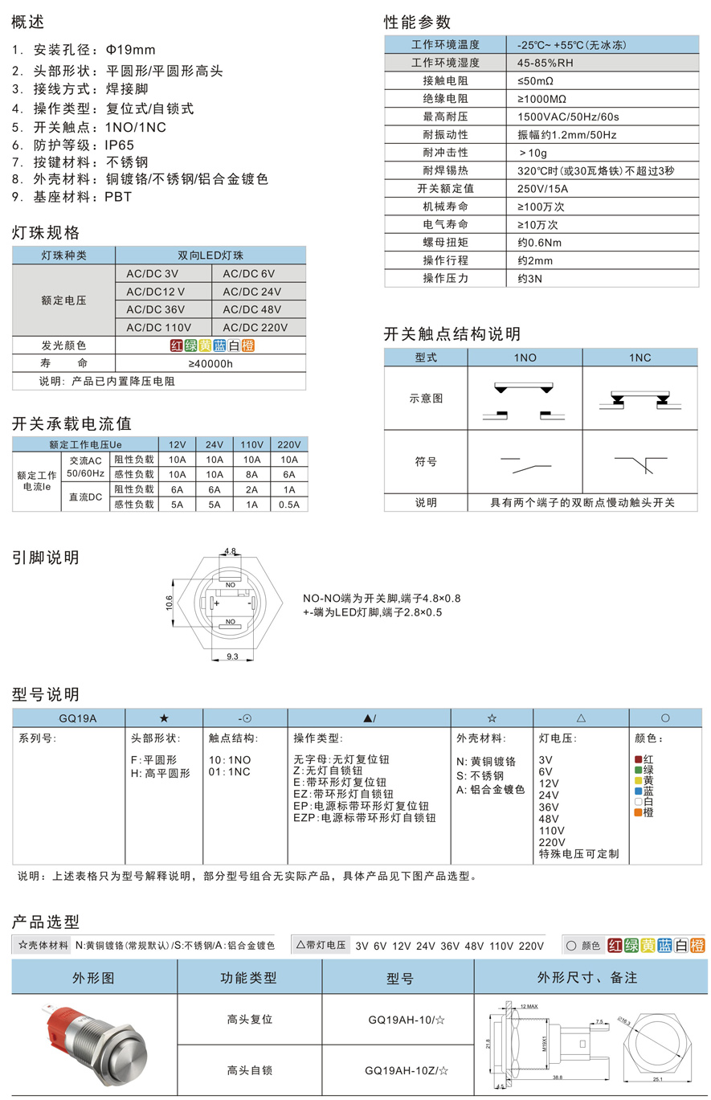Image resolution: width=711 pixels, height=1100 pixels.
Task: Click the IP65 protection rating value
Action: pos(121,145)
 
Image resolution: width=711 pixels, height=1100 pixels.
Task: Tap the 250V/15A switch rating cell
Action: pos(542,189)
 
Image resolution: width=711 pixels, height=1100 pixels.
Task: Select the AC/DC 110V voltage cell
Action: pos(158,327)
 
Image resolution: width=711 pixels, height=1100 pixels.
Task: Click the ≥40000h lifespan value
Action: pos(210,363)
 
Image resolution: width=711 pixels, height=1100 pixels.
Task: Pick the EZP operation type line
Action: pos(365,817)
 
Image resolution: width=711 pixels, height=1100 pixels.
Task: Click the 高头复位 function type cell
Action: pos(250,1019)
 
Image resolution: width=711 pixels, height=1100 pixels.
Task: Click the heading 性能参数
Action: pos(417,22)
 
